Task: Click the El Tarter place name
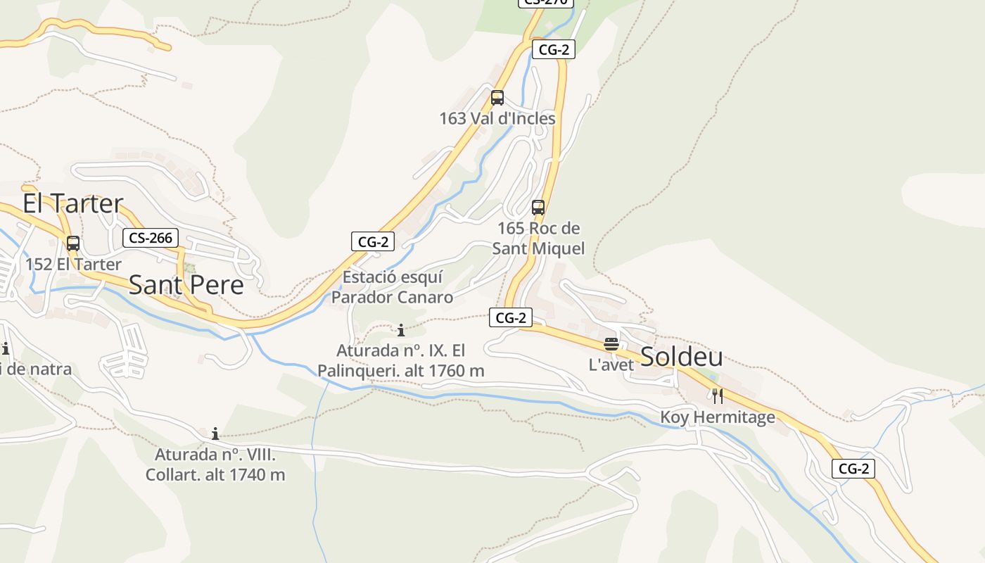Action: pyautogui.click(x=73, y=203)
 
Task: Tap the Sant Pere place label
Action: pyautogui.click(x=186, y=285)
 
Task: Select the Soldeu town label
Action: pyautogui.click(x=681, y=357)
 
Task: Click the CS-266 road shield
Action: pyautogui.click(x=151, y=238)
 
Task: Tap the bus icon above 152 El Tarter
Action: pyautogui.click(x=73, y=243)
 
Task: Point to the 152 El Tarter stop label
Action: pyautogui.click(x=73, y=265)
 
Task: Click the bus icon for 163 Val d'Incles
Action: pyautogui.click(x=497, y=98)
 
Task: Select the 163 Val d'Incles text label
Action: pyautogui.click(x=497, y=118)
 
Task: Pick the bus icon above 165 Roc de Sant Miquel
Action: pyautogui.click(x=538, y=208)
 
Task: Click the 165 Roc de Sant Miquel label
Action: pyautogui.click(x=538, y=238)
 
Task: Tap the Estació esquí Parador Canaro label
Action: pyautogui.click(x=393, y=287)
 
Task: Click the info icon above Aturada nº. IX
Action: pyautogui.click(x=401, y=329)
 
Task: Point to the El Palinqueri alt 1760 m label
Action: pyautogui.click(x=401, y=360)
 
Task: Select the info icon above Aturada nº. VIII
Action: pyautogui.click(x=215, y=434)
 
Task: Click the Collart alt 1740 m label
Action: pyautogui.click(x=215, y=464)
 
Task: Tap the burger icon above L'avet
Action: pyautogui.click(x=611, y=344)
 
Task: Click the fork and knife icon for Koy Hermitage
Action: pyautogui.click(x=718, y=396)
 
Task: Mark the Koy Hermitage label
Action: pyautogui.click(x=718, y=417)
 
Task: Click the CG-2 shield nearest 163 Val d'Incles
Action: pyautogui.click(x=554, y=49)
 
